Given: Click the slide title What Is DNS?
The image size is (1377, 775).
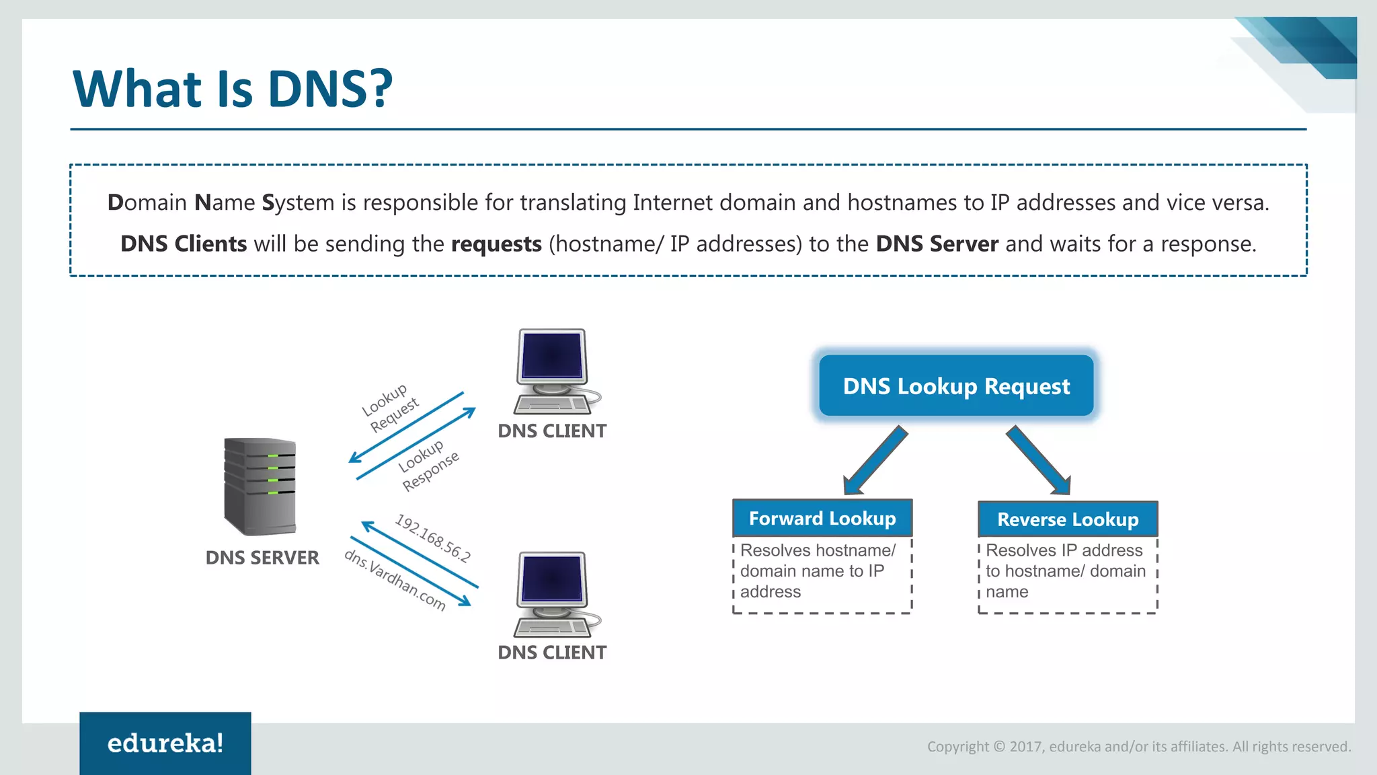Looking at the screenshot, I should pyautogui.click(x=232, y=89).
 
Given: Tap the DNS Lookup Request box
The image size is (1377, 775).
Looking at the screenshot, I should pyautogui.click(x=955, y=386).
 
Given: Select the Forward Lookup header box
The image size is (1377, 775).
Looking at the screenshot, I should pyautogui.click(x=822, y=518).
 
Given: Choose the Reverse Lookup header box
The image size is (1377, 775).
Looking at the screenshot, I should pyautogui.click(x=1067, y=519).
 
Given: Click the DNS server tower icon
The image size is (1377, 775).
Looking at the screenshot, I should pyautogui.click(x=260, y=486).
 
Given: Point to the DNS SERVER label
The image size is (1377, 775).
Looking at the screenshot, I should pyautogui.click(x=262, y=558).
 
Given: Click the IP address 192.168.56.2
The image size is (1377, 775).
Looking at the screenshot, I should pyautogui.click(x=432, y=538).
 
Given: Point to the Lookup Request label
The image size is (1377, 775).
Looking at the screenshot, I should pyautogui.click(x=390, y=408).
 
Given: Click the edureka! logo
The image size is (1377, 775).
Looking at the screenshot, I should pyautogui.click(x=165, y=743).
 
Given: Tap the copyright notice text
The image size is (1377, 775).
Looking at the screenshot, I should pyautogui.click(x=1138, y=746).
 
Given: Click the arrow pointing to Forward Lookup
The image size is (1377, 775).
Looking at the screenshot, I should pyautogui.click(x=875, y=461).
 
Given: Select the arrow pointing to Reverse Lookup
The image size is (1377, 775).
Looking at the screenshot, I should pyautogui.click(x=1038, y=461).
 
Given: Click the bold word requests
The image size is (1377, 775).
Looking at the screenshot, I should pyautogui.click(x=496, y=244).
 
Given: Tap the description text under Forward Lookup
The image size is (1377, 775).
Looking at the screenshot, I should pyautogui.click(x=817, y=571).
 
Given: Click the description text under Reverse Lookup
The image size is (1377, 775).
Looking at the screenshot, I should pyautogui.click(x=1065, y=571).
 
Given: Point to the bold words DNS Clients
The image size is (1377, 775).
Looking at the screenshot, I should pyautogui.click(x=184, y=244).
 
